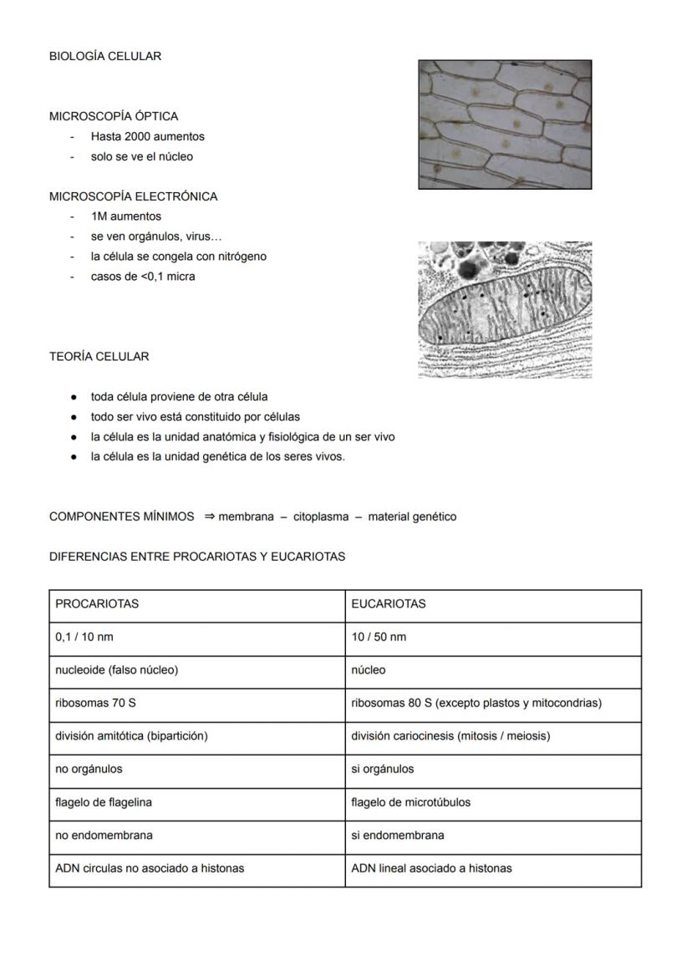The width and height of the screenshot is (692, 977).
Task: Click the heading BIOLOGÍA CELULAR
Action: click(x=105, y=56)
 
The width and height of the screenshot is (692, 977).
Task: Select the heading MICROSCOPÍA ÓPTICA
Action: click(x=114, y=116)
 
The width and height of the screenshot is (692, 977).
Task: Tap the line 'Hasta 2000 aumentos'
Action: click(x=148, y=136)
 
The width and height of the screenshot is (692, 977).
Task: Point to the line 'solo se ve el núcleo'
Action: click(x=142, y=156)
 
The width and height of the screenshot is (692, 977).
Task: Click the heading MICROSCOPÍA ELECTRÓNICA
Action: click(x=133, y=196)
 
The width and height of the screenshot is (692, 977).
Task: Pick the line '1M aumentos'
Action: click(x=126, y=216)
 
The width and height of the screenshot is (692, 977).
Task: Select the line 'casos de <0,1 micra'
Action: click(x=143, y=277)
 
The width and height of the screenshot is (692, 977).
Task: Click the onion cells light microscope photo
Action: click(x=505, y=125)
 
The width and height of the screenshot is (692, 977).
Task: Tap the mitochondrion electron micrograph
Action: click(x=505, y=310)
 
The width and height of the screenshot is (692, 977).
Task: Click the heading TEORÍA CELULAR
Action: click(x=99, y=357)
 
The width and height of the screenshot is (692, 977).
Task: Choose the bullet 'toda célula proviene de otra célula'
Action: click(x=179, y=397)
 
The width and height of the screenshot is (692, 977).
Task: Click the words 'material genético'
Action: click(x=412, y=516)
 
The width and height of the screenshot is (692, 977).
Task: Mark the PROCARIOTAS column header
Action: click(x=97, y=603)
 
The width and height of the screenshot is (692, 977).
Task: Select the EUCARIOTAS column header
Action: click(x=389, y=603)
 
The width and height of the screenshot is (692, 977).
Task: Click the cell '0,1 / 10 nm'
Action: click(x=84, y=637)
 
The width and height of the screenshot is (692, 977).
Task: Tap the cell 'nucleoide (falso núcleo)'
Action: click(x=116, y=670)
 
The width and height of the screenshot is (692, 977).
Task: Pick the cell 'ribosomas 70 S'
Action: click(x=95, y=703)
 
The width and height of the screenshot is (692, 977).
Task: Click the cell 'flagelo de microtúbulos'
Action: click(x=410, y=802)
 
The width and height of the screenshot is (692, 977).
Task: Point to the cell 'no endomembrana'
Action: click(x=104, y=835)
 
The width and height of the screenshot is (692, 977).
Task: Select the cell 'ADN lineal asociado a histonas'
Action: click(x=431, y=868)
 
